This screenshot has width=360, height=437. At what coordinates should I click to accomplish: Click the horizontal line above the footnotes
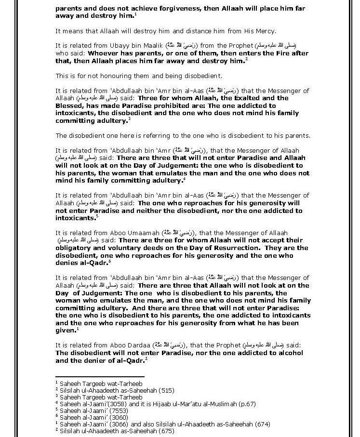100,377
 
